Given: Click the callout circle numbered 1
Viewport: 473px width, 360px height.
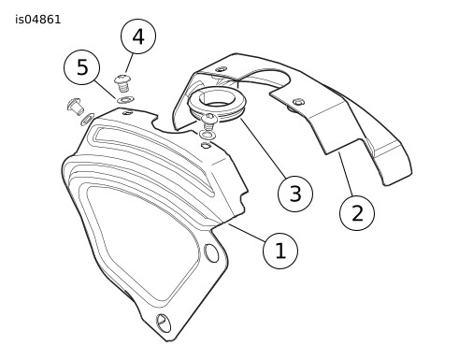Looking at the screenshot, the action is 280,251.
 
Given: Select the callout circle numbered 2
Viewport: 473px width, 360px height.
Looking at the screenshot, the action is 357,213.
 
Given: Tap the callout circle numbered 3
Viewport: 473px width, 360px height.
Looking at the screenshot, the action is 295,194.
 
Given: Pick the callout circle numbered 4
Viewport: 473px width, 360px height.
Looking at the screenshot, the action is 138,36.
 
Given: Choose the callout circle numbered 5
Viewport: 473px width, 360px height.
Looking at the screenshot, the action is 82,67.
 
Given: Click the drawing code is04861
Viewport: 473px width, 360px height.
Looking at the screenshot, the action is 38,20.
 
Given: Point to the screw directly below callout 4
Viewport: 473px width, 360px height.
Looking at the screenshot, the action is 122,83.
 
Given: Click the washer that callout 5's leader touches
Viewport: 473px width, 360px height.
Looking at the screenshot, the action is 125,100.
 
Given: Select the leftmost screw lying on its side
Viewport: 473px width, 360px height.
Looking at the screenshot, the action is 75,106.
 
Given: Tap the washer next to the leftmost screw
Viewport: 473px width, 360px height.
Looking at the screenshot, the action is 87,119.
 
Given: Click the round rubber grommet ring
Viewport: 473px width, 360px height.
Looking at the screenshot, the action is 217,104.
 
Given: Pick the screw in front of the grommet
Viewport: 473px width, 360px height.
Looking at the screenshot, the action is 209,122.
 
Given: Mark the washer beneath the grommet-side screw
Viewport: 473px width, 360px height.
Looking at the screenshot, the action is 208,135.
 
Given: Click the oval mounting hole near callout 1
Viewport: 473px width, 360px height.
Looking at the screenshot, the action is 211,253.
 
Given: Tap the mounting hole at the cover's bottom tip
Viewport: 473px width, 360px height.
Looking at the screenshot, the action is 164,323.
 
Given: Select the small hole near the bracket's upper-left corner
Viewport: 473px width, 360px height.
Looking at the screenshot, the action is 221,68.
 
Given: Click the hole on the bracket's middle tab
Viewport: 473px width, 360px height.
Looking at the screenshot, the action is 299,102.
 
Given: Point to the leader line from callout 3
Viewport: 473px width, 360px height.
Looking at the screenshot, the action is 263,148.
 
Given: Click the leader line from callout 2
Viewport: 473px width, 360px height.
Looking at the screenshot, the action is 346,174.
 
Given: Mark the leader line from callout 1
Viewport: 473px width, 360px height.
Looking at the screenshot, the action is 248,232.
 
